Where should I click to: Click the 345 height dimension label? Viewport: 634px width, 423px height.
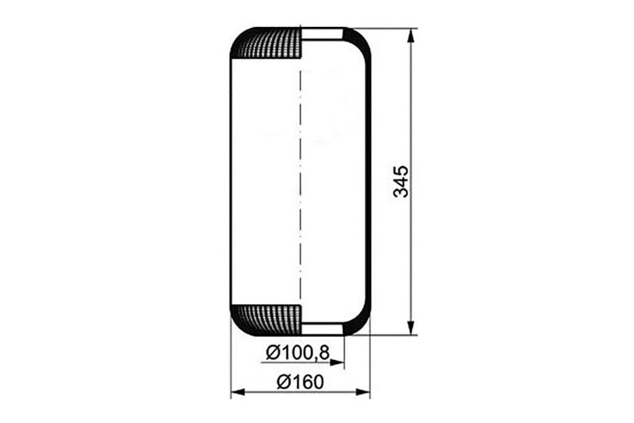click(401, 181)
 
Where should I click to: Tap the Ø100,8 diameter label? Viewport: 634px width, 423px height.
click(297, 354)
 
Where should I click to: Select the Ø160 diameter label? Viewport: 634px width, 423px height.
click(301, 382)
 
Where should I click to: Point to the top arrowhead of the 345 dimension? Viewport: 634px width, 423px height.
click(411, 36)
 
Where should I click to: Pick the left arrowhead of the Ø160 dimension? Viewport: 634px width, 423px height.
click(238, 392)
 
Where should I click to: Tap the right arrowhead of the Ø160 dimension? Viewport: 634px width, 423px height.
click(363, 392)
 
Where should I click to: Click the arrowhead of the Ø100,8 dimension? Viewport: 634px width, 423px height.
click(337, 363)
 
